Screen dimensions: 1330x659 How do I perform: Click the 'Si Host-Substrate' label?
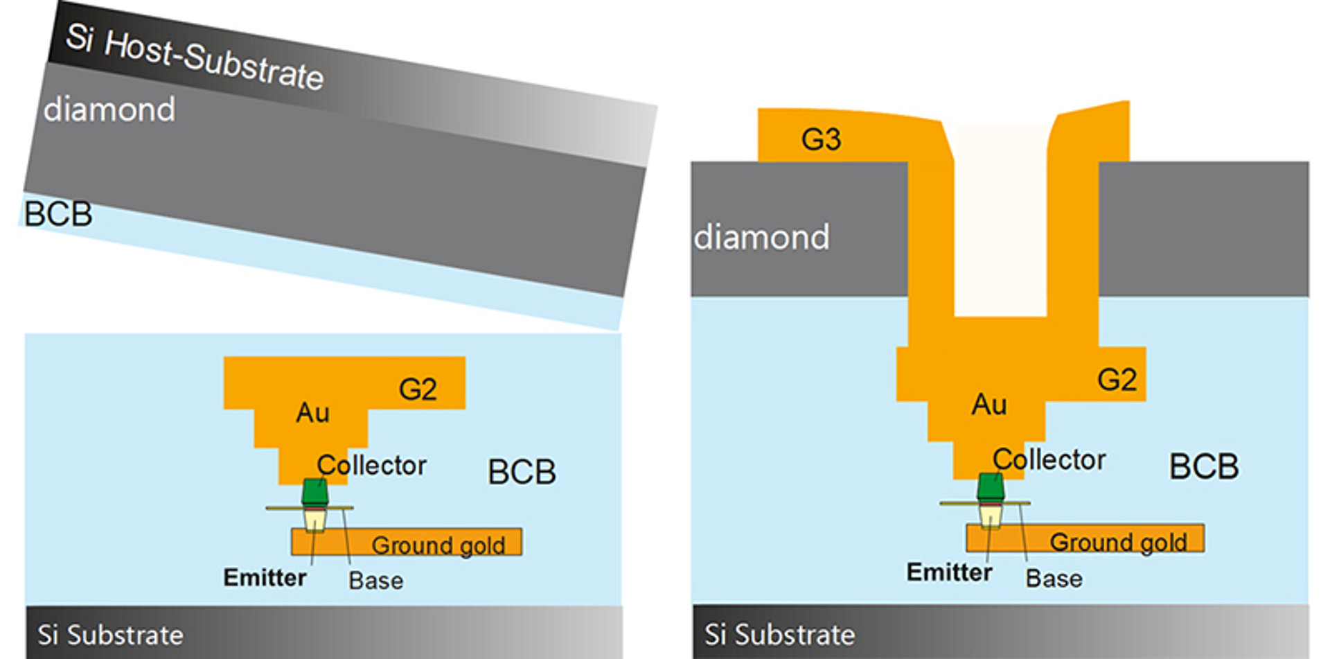(x=195, y=58)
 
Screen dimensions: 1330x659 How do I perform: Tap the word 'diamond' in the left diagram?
(x=109, y=109)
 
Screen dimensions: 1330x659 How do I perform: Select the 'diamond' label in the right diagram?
(x=761, y=238)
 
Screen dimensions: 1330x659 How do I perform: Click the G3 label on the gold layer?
(x=821, y=139)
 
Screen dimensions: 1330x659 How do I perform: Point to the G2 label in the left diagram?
(x=418, y=389)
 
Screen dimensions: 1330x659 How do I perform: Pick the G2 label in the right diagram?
(x=1117, y=380)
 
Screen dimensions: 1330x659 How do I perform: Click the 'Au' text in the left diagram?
(x=312, y=413)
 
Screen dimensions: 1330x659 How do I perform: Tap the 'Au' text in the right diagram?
(x=988, y=405)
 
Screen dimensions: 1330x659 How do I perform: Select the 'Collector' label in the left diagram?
(x=372, y=466)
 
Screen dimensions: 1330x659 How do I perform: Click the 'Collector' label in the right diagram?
(x=1049, y=459)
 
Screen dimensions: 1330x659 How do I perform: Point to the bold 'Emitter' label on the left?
(x=265, y=578)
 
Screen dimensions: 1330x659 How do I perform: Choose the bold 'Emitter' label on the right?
(x=949, y=572)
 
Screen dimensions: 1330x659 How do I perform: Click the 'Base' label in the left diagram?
(x=375, y=581)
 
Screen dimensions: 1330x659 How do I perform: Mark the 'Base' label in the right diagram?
(x=1054, y=579)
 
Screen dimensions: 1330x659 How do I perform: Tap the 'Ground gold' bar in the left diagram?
(x=407, y=542)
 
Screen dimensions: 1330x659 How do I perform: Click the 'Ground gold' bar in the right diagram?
(x=1085, y=538)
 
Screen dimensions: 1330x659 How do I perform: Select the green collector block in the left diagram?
(x=314, y=491)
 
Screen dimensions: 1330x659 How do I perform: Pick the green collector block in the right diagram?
(x=991, y=487)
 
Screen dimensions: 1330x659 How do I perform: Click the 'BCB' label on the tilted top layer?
(x=58, y=214)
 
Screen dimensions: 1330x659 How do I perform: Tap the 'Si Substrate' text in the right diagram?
(x=779, y=635)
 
